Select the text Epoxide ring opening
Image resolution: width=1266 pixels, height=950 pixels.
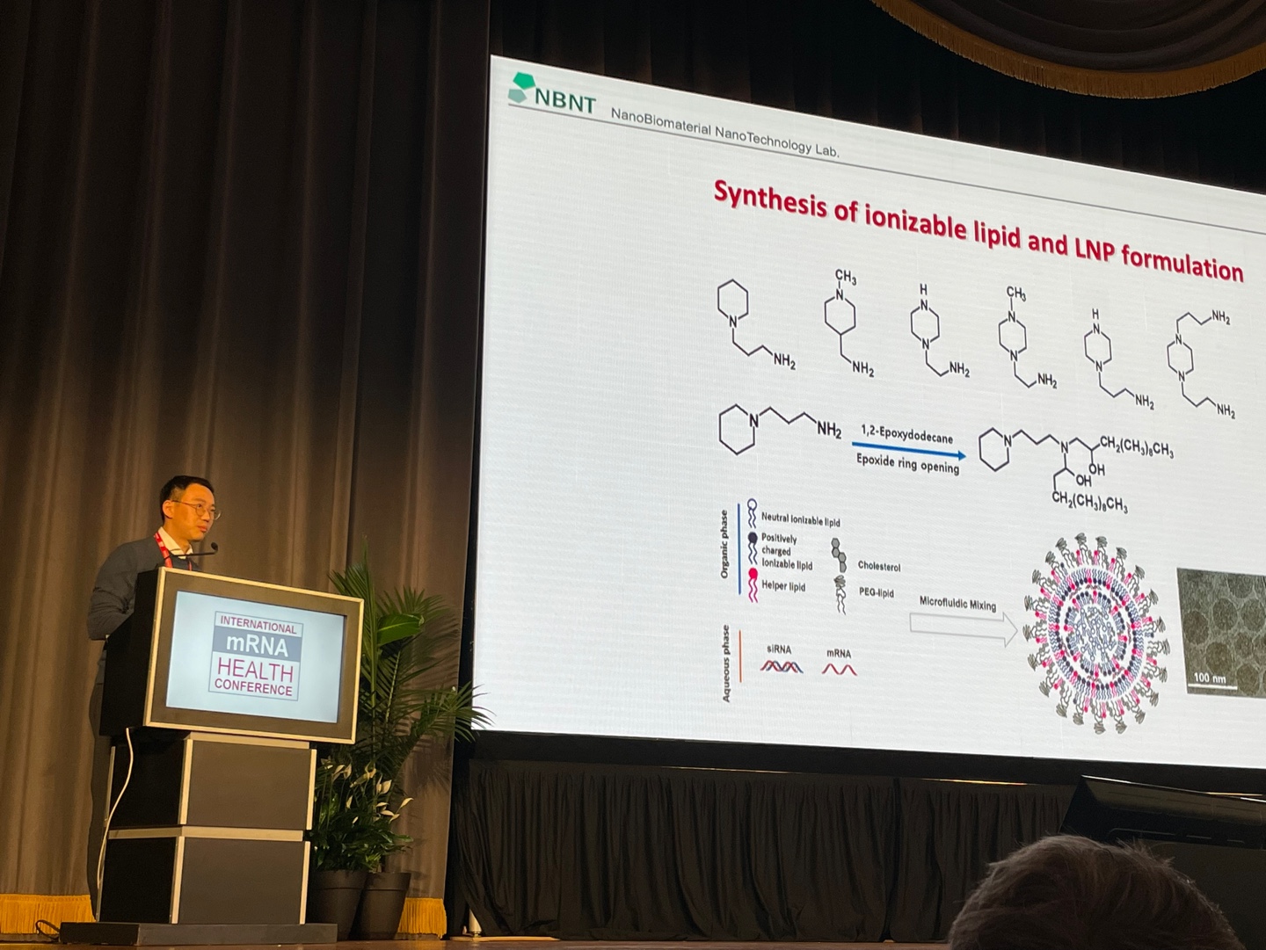907,464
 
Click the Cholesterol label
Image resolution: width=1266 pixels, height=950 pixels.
879,566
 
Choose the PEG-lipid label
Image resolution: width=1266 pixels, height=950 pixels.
876,593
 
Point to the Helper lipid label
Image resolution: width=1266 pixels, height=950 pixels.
783,586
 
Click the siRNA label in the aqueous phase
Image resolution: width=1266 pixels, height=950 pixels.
779,649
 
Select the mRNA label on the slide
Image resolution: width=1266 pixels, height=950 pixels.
839,654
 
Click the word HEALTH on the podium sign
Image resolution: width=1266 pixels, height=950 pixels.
255,671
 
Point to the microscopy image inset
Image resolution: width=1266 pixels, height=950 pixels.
1220,630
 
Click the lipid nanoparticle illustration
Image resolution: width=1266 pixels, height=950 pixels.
1095,631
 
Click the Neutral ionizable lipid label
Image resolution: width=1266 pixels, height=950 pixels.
800,519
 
